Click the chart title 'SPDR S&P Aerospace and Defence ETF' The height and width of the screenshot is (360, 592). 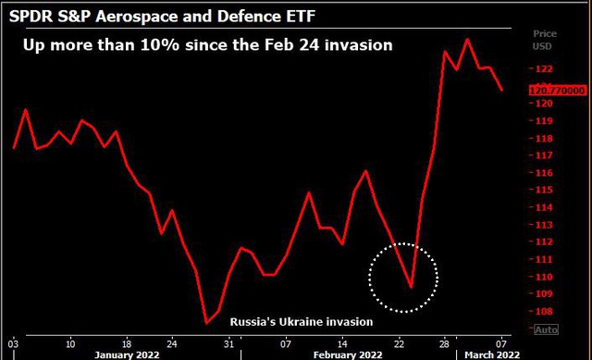click(162, 17)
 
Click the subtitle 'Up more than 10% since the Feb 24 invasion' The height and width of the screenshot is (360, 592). click(207, 45)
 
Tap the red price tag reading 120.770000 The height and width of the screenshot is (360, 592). click(557, 91)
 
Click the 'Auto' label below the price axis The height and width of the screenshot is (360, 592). click(546, 329)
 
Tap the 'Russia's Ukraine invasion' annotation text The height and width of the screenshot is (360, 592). click(302, 322)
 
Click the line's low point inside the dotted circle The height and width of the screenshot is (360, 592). click(411, 287)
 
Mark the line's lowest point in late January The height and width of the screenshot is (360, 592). click(206, 323)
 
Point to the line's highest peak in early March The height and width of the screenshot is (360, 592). click(467, 39)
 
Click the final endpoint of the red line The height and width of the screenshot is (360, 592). click(501, 90)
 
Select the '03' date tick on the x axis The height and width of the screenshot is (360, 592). click(13, 344)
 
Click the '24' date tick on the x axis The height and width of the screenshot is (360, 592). click(172, 344)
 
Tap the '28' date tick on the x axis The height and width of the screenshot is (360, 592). click(444, 344)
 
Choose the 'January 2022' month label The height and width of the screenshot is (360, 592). click(127, 355)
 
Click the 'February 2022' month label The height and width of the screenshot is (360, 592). click(348, 355)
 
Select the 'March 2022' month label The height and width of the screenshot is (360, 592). click(492, 355)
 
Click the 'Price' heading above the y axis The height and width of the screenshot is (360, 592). click(545, 33)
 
